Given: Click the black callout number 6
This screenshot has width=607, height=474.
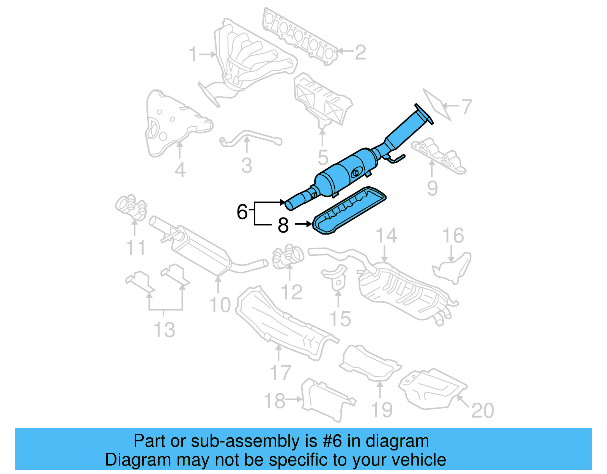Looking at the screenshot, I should pos(242,212).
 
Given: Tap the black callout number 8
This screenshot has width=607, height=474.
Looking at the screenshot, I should pos(283,225).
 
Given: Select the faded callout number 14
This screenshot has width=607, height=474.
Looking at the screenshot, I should pos(386,236).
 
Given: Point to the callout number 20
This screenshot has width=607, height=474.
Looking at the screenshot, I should pos(482,410).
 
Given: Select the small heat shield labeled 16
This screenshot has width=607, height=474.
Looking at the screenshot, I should pos(454,268).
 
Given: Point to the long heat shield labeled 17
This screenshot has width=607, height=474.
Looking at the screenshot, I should pos(281,323).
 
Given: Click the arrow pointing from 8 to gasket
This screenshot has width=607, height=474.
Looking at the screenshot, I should pos(303,225).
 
